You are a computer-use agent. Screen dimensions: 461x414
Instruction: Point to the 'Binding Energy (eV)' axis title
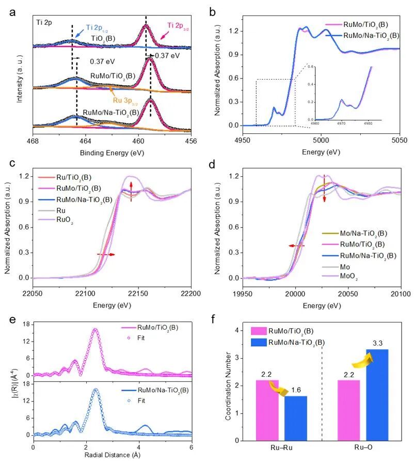click(112, 153)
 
